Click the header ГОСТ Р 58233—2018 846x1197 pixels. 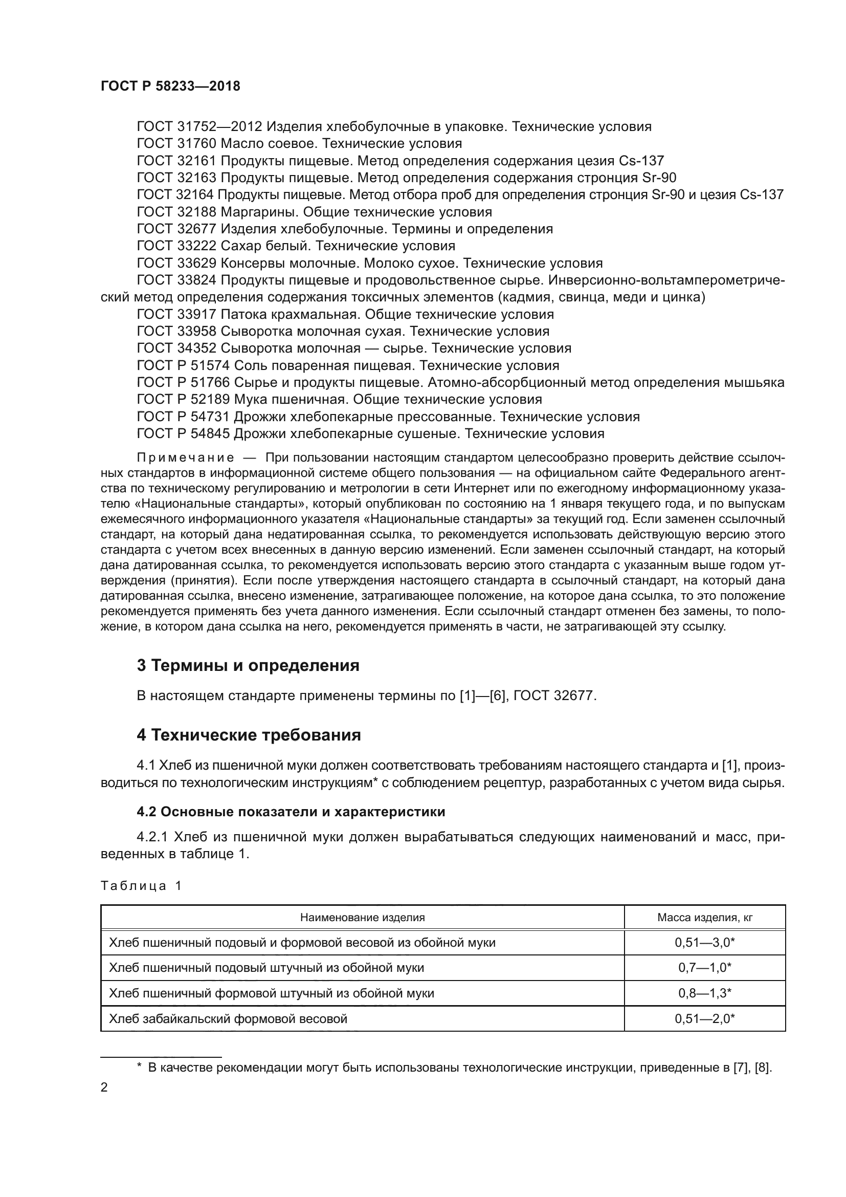point(170,86)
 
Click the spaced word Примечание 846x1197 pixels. point(185,458)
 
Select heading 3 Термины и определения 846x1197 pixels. point(248,666)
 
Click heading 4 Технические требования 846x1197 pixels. point(249,735)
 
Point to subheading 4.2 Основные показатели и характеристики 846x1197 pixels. point(291,812)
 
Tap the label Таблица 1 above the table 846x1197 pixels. point(141,886)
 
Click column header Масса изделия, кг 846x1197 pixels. point(704,918)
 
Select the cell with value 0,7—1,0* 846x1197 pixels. point(704,968)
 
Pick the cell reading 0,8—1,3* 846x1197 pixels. point(704,993)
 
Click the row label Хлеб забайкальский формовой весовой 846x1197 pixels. point(228,1019)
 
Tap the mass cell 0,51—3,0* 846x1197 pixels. point(704,943)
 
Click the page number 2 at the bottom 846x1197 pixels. point(104,1087)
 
